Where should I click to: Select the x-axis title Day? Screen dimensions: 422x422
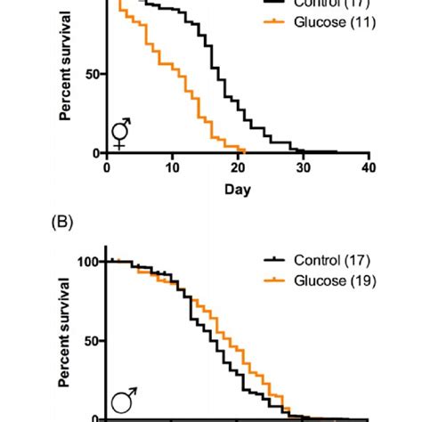click(236, 190)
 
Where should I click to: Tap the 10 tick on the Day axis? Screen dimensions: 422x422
click(172, 167)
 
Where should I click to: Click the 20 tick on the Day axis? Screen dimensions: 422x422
click(238, 167)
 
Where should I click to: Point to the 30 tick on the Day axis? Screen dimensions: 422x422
click(303, 167)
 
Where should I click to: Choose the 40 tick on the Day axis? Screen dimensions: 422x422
click(368, 167)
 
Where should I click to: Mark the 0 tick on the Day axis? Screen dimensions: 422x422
click(107, 167)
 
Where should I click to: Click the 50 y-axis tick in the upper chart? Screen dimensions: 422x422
click(93, 75)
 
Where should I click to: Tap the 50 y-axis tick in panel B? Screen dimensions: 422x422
click(93, 341)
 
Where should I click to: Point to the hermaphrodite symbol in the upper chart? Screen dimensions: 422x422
click(120, 134)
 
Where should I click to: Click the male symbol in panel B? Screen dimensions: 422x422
click(122, 403)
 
